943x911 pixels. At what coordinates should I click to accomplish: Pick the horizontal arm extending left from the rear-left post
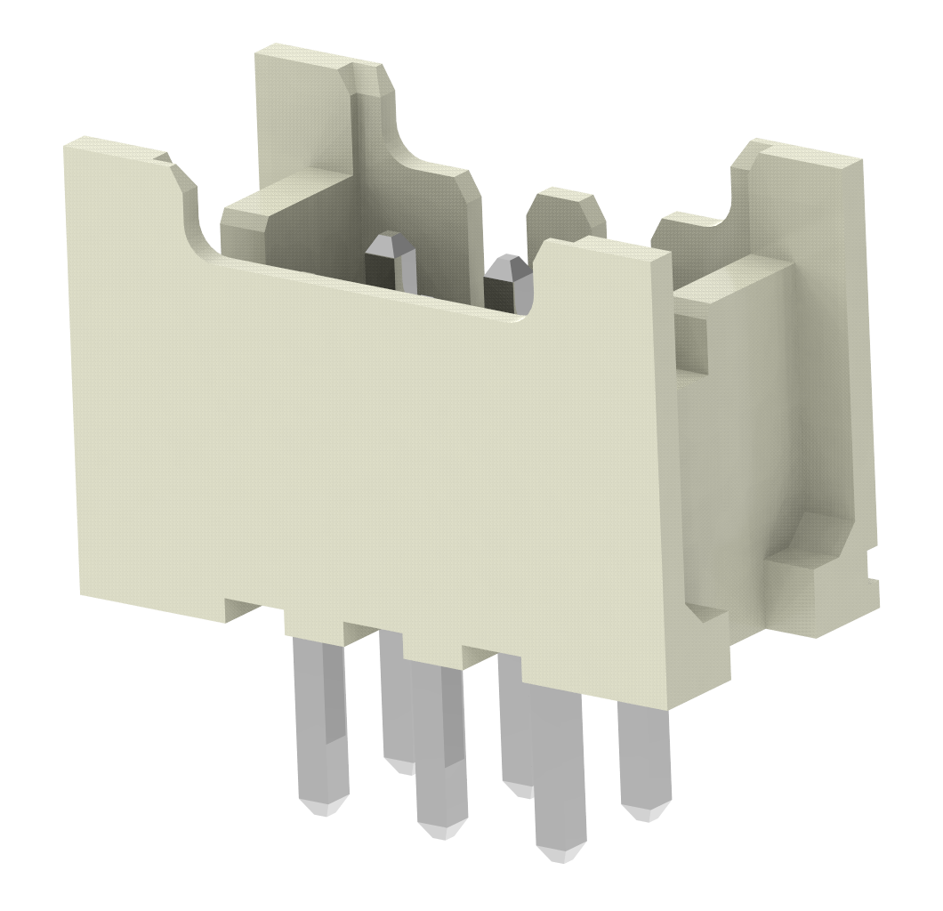267,209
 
